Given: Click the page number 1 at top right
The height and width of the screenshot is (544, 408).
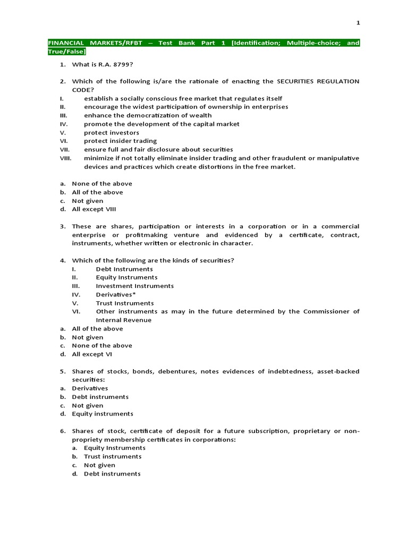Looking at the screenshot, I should (358, 22).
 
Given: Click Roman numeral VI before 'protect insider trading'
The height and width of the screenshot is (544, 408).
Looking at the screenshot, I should (62, 141).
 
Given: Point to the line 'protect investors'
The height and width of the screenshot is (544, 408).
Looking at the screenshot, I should (112, 132).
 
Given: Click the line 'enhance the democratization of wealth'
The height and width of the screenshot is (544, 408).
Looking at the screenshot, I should (148, 115).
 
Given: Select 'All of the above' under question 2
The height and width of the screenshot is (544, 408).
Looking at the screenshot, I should (97, 192).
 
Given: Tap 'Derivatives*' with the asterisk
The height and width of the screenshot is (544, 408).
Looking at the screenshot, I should (116, 294).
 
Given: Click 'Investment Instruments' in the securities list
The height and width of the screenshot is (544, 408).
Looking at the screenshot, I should (134, 286).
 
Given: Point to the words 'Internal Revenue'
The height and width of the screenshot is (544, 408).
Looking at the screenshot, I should (123, 320).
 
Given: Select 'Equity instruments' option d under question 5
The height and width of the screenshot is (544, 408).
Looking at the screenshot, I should (103, 414).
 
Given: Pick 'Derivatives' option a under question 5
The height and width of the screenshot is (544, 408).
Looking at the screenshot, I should (90, 388).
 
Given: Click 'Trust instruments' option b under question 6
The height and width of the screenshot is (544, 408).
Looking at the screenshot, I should (113, 456).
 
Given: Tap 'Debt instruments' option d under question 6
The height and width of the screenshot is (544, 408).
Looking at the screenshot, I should (112, 473).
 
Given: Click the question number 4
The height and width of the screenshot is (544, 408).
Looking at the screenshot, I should (62, 260).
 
